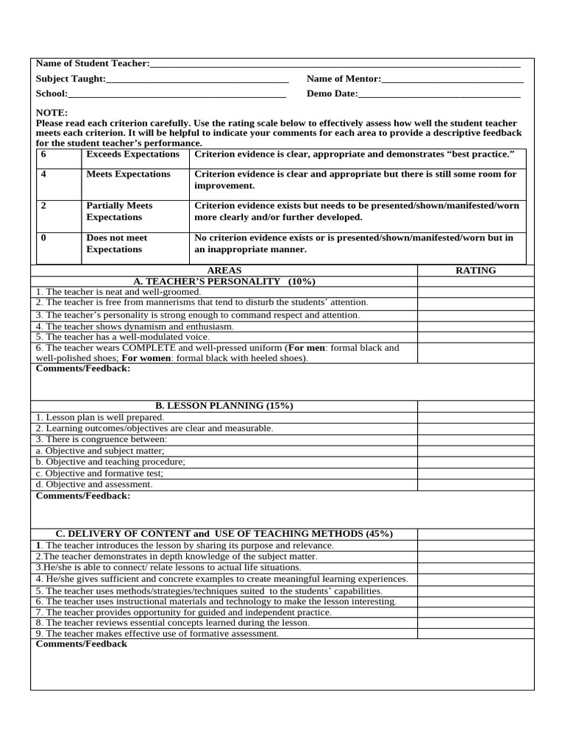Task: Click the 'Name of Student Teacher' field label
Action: (93, 65)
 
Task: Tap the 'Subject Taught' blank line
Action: (197, 79)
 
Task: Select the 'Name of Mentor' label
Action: (344, 79)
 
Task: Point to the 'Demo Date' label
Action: (332, 94)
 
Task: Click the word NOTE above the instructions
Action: (51, 113)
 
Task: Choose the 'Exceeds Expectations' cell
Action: (133, 154)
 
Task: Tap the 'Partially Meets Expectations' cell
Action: (120, 212)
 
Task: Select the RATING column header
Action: (476, 271)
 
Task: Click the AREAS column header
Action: (224, 271)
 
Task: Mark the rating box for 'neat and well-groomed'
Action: (476, 292)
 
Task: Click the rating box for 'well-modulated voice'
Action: (476, 336)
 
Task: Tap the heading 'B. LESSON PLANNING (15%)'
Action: (224, 406)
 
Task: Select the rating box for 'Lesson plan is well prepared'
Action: (476, 417)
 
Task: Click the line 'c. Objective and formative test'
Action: (100, 474)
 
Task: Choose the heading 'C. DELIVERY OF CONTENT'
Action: (224, 534)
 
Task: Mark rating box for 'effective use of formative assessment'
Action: (476, 633)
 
